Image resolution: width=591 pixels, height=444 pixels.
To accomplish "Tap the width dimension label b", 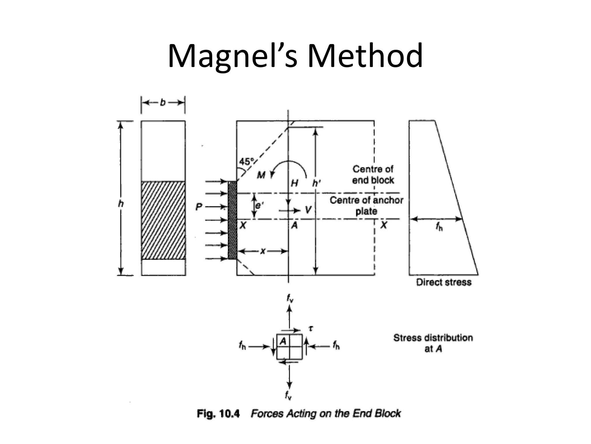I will tap(163, 103).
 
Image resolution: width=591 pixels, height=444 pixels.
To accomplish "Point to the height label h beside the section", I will tap(121, 204).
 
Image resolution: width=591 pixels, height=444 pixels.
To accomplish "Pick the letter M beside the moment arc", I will tap(261, 175).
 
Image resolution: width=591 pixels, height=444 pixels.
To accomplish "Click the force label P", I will tap(199, 207).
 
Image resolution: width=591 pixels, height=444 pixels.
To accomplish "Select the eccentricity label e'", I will tap(259, 206).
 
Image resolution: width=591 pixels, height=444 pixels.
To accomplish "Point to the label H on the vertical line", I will tap(294, 183).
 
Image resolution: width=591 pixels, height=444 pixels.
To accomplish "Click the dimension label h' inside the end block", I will tap(317, 183).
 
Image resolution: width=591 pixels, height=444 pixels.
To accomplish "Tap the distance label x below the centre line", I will tap(263, 251).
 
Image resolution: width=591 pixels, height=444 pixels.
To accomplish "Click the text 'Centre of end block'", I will tap(373, 175).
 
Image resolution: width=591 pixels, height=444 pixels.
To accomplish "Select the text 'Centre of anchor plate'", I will tap(366, 206).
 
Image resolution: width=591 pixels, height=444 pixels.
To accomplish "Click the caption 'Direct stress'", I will tap(444, 282).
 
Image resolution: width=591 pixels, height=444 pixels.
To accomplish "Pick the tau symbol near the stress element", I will tap(311, 328).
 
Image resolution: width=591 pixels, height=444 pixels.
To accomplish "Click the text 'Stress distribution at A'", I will tap(433, 343).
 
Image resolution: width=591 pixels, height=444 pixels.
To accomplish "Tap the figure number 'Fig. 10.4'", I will tap(218, 414).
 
